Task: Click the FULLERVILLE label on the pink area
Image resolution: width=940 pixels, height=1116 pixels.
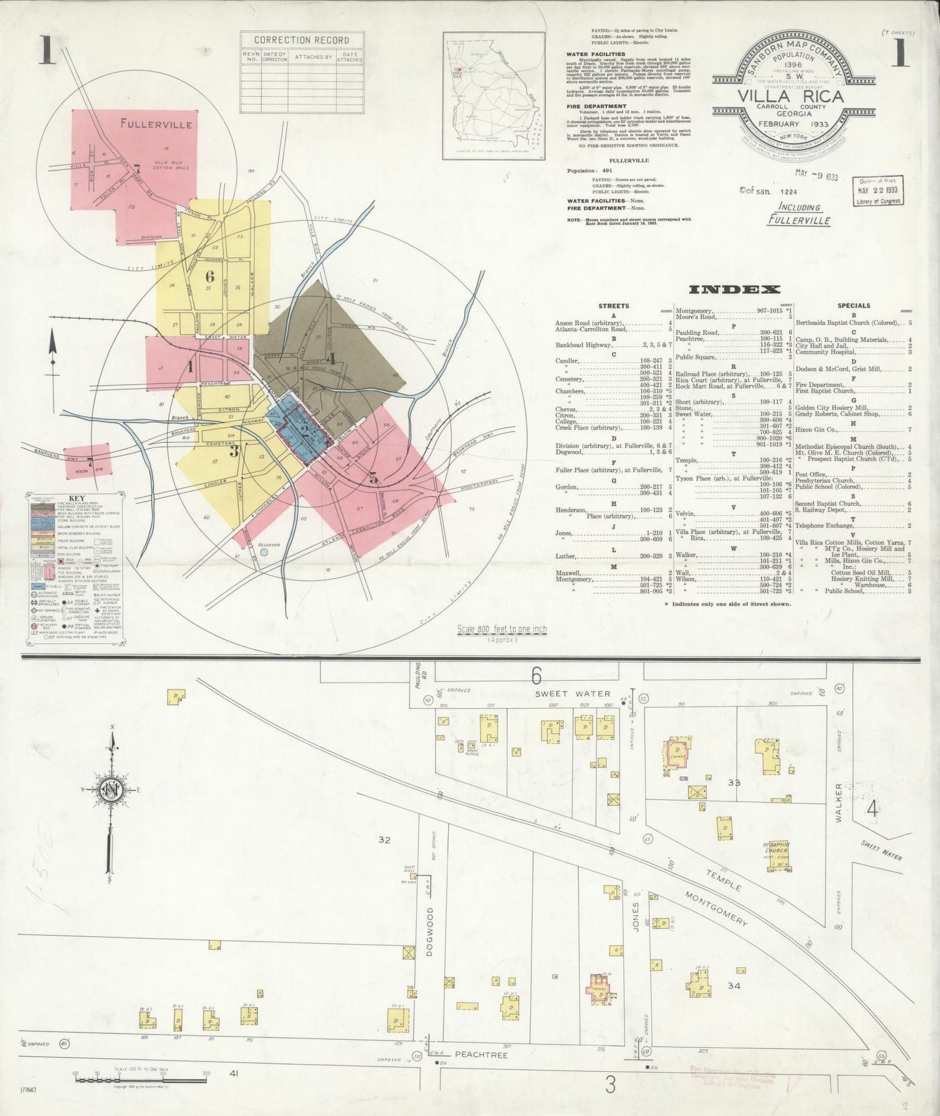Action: [155, 124]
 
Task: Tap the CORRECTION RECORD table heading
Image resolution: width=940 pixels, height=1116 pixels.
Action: [301, 40]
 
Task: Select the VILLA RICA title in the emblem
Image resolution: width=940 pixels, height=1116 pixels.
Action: [790, 97]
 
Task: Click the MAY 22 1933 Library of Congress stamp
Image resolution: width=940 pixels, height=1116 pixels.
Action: [878, 191]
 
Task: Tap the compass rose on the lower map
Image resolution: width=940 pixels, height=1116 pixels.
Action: [112, 790]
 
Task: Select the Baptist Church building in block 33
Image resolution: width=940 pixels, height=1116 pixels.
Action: [777, 854]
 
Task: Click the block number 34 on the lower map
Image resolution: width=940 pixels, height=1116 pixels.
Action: [734, 986]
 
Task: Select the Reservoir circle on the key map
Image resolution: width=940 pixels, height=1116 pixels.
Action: [263, 552]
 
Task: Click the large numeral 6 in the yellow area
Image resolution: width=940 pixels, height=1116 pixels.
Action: [209, 276]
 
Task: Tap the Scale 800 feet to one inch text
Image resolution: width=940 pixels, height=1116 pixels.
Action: [502, 630]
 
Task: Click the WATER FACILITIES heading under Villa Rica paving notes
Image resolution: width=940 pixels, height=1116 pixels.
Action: [595, 54]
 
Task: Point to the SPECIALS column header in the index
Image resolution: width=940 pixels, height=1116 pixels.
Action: [853, 305]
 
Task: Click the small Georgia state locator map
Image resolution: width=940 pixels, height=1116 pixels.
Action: [494, 96]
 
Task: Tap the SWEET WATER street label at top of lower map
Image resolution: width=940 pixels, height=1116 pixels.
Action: [573, 694]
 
